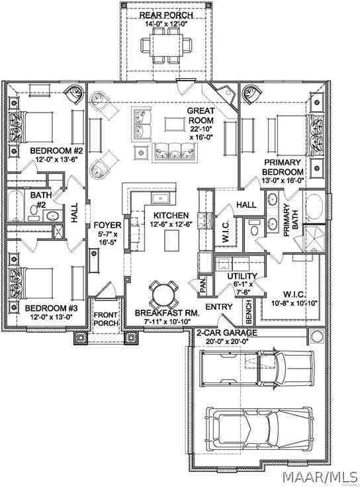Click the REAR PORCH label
[166, 15]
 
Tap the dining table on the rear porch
[166, 45]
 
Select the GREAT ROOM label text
[201, 115]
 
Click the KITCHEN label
[171, 215]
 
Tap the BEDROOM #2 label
[56, 151]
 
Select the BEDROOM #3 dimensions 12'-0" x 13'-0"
[51, 318]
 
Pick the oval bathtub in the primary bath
[314, 207]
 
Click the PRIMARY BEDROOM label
[283, 167]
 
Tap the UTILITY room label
[242, 276]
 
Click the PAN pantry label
[202, 285]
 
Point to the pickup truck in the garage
[256, 368]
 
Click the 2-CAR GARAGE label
[227, 333]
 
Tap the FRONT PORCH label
[107, 319]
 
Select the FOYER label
[107, 225]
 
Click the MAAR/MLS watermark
[320, 477]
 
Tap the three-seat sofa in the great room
[175, 152]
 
